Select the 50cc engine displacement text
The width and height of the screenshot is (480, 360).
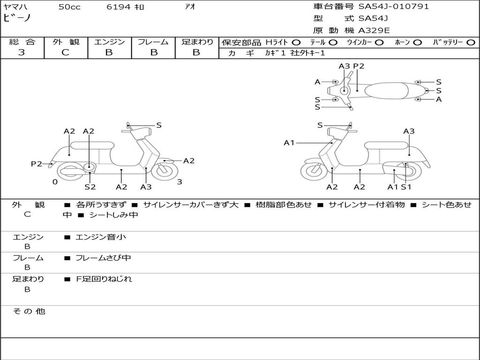point(69,7)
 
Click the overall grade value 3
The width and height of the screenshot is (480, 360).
point(22,52)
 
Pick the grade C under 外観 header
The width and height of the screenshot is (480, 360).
point(65,52)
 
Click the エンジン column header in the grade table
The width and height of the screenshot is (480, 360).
point(109,42)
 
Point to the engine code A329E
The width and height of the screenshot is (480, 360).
point(374,31)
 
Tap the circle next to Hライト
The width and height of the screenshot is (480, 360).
point(296,42)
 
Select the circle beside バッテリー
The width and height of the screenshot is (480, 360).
point(471,42)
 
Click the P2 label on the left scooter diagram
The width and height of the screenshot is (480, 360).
point(37,164)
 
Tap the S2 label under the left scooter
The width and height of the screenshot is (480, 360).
point(90,187)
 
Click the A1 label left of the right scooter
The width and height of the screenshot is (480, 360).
point(289,142)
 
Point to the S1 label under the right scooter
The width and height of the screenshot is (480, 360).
point(406,187)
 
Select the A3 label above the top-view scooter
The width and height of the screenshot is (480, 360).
point(344,66)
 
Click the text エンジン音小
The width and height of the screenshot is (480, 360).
point(101,237)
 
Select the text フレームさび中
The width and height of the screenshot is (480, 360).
point(103,258)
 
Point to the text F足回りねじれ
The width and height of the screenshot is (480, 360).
point(104,279)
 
